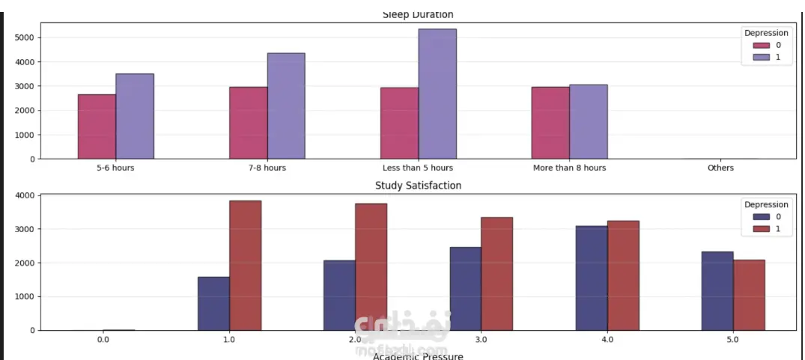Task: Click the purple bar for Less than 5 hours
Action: tap(437, 94)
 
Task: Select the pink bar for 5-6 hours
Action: tap(97, 126)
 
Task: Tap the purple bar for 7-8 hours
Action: tap(286, 106)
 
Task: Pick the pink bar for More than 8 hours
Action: tap(550, 123)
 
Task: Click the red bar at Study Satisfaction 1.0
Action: tap(245, 265)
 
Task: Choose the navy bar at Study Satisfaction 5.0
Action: tap(717, 290)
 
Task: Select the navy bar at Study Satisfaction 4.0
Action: tap(592, 278)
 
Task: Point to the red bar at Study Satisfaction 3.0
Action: tap(496, 273)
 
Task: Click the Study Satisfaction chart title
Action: tap(418, 185)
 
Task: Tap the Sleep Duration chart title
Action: tap(418, 14)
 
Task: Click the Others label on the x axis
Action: tap(720, 168)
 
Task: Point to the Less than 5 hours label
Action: tap(418, 168)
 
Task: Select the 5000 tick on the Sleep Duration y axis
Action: tap(22, 37)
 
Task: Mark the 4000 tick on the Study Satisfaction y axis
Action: tap(25, 195)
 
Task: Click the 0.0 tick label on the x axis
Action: tap(103, 339)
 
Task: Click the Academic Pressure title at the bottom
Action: tap(418, 356)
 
